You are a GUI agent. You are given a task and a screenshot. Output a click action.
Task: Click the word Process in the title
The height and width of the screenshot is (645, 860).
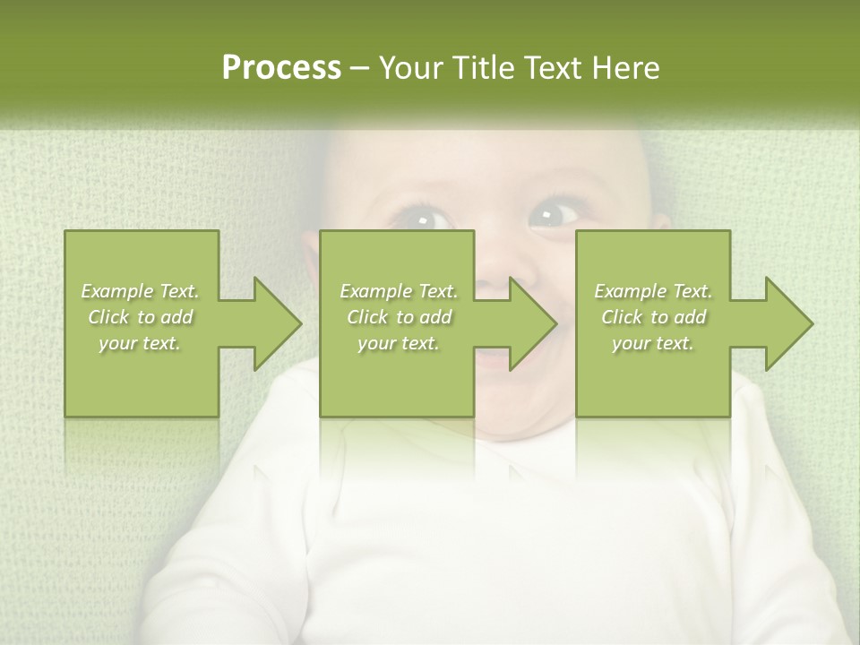tap(281, 68)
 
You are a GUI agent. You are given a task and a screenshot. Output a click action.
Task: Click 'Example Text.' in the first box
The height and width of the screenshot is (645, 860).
tap(140, 290)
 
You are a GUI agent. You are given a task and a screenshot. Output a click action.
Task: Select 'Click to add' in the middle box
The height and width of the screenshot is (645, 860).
tap(399, 316)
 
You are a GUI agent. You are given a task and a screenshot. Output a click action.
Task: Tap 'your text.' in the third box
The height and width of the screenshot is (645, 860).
tap(652, 342)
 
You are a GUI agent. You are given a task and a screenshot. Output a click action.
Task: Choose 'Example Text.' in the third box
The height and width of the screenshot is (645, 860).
tap(652, 290)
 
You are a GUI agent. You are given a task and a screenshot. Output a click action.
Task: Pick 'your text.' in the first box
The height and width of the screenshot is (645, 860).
tap(140, 342)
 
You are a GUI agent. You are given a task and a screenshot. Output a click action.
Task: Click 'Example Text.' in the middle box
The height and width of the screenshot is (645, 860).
tap(399, 290)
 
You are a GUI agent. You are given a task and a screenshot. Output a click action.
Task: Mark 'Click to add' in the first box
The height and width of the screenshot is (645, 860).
tap(140, 316)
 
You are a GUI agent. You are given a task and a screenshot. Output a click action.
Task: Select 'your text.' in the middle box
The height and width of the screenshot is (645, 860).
tap(399, 342)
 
